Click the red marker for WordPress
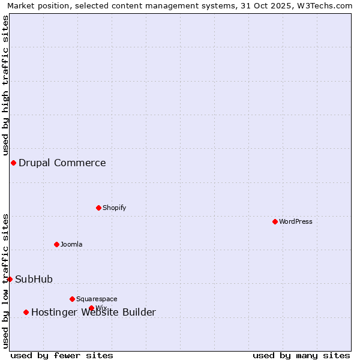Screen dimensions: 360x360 point(275,221)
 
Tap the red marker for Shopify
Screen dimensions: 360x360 point(98,208)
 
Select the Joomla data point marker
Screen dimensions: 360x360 point(56,244)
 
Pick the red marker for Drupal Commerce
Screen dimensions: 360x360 point(13,163)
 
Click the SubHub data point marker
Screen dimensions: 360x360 point(10,279)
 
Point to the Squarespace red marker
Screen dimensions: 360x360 point(72,299)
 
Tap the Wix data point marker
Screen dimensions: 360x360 point(91,308)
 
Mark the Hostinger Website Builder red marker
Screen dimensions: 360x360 point(26,312)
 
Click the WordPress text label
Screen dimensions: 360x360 point(295,221)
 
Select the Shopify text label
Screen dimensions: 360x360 point(114,208)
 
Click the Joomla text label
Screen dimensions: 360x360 point(71,244)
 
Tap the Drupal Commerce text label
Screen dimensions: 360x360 point(62,163)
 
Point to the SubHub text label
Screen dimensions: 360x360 point(34,279)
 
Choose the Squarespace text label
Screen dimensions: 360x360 point(97,299)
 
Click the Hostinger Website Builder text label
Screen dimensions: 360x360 point(94,313)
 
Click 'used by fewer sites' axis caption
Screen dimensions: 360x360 point(62,355)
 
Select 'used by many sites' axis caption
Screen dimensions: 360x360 point(301,355)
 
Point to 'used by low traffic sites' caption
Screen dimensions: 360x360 point(5,281)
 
